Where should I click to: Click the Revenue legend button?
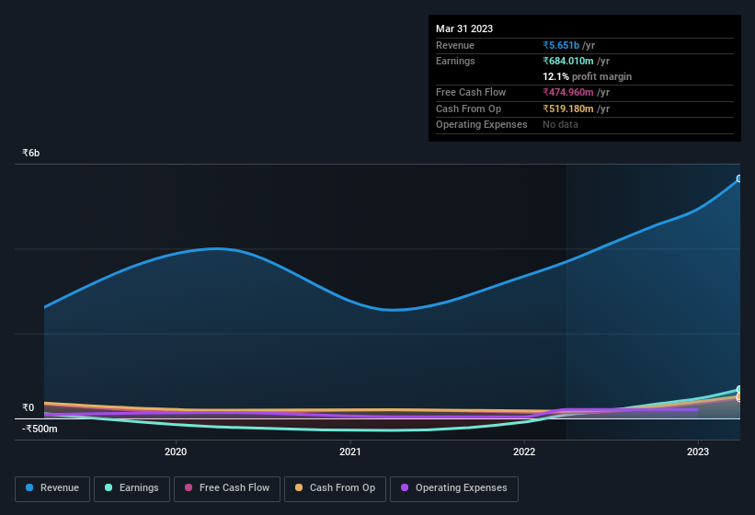52,488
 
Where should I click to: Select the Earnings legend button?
132,488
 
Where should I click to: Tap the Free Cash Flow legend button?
227,488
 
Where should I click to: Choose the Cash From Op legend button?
335,488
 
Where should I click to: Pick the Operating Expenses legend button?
454,488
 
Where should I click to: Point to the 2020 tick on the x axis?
176,452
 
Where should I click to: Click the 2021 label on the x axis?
349,452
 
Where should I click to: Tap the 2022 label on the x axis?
524,452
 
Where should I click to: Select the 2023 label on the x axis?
698,452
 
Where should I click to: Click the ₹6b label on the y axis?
31,153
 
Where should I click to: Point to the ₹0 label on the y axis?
29,407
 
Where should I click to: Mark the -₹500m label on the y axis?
40,429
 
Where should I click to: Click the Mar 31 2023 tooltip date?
464,29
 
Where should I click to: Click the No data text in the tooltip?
560,124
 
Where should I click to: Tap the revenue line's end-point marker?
739,178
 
